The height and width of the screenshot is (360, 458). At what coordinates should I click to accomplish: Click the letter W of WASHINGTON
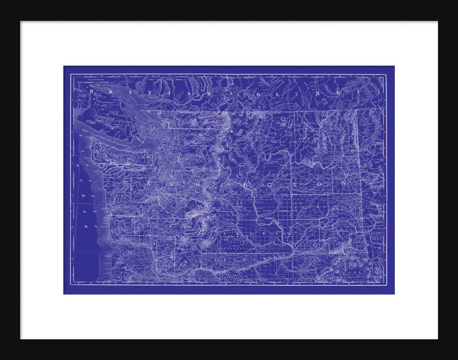pos(124,182)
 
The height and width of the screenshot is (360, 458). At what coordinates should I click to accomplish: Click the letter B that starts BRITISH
pos(92,91)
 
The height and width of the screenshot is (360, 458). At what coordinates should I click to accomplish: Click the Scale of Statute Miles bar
pos(97,79)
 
